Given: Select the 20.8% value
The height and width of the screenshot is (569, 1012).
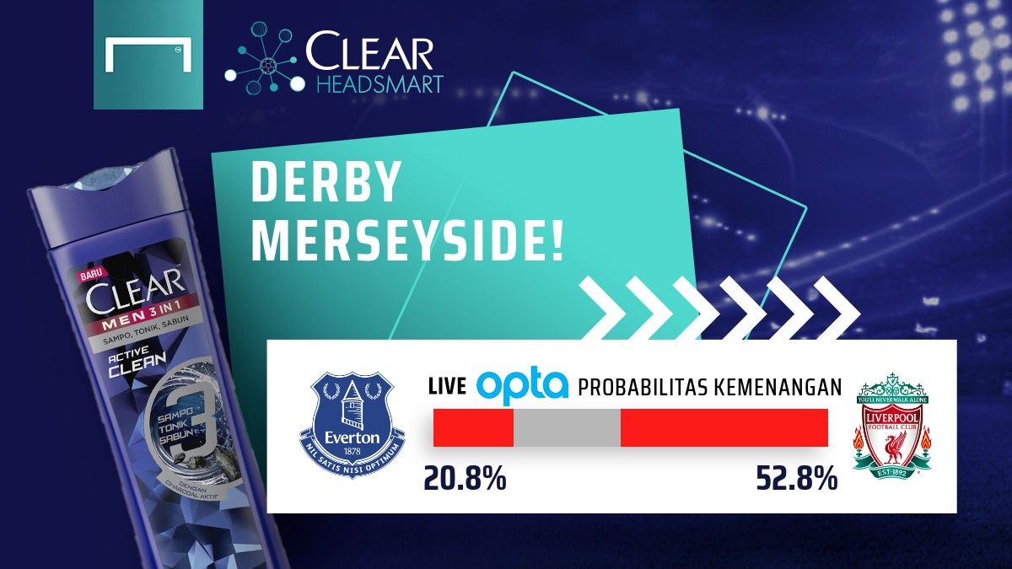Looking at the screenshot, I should pyautogui.click(x=465, y=479).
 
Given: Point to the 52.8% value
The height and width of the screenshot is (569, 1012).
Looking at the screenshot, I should pyautogui.click(x=796, y=479).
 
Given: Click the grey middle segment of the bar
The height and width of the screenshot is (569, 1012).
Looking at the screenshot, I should pyautogui.click(x=567, y=427).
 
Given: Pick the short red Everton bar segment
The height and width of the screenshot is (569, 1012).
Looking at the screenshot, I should pyautogui.click(x=473, y=427).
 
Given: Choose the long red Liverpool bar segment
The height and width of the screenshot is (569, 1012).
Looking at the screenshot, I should pyautogui.click(x=724, y=427).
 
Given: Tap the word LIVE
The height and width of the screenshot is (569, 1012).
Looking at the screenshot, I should pyautogui.click(x=447, y=388).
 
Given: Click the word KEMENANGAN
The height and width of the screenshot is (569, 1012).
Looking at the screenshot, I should pyautogui.click(x=778, y=388).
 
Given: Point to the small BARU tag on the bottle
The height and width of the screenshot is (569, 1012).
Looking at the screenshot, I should pyautogui.click(x=89, y=274).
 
